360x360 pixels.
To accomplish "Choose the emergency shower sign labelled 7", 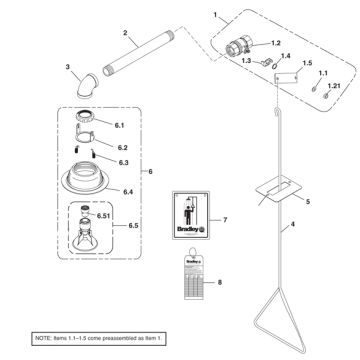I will [190, 214].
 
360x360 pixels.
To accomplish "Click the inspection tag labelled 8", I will [191, 279].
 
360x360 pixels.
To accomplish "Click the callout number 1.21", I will [333, 89].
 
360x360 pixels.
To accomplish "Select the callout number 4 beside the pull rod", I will [321, 227].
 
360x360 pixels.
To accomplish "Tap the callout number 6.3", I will [123, 161].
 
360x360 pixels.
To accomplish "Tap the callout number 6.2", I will [123, 147].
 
